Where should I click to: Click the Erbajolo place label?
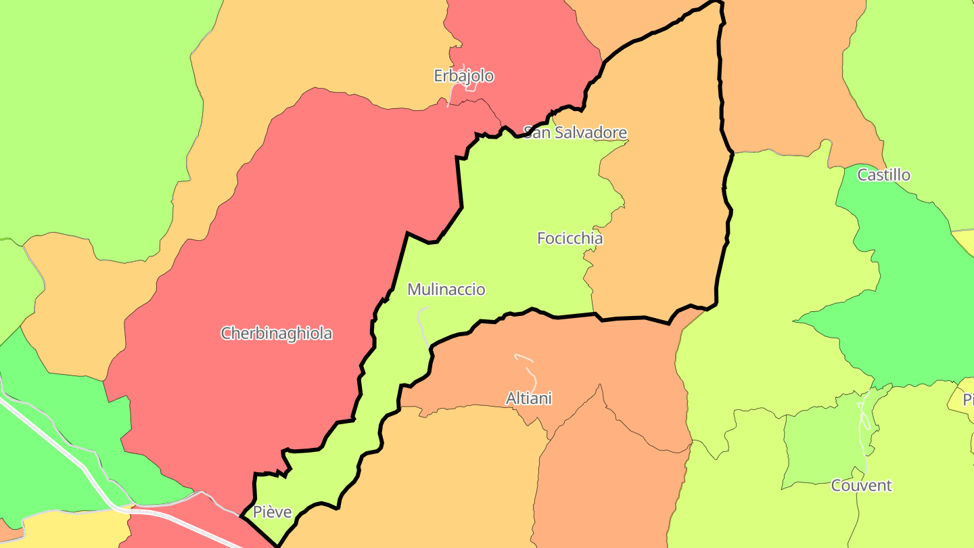(x=463, y=76)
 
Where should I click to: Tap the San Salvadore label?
(x=576, y=133)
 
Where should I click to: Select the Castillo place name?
(x=883, y=175)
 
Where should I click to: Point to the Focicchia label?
(x=570, y=238)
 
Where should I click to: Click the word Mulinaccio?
(x=446, y=290)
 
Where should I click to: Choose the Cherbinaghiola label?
(x=277, y=333)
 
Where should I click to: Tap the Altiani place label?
(x=528, y=398)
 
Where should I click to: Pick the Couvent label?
(x=861, y=485)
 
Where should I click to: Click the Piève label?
(x=272, y=512)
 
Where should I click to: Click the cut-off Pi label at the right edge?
(x=968, y=398)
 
